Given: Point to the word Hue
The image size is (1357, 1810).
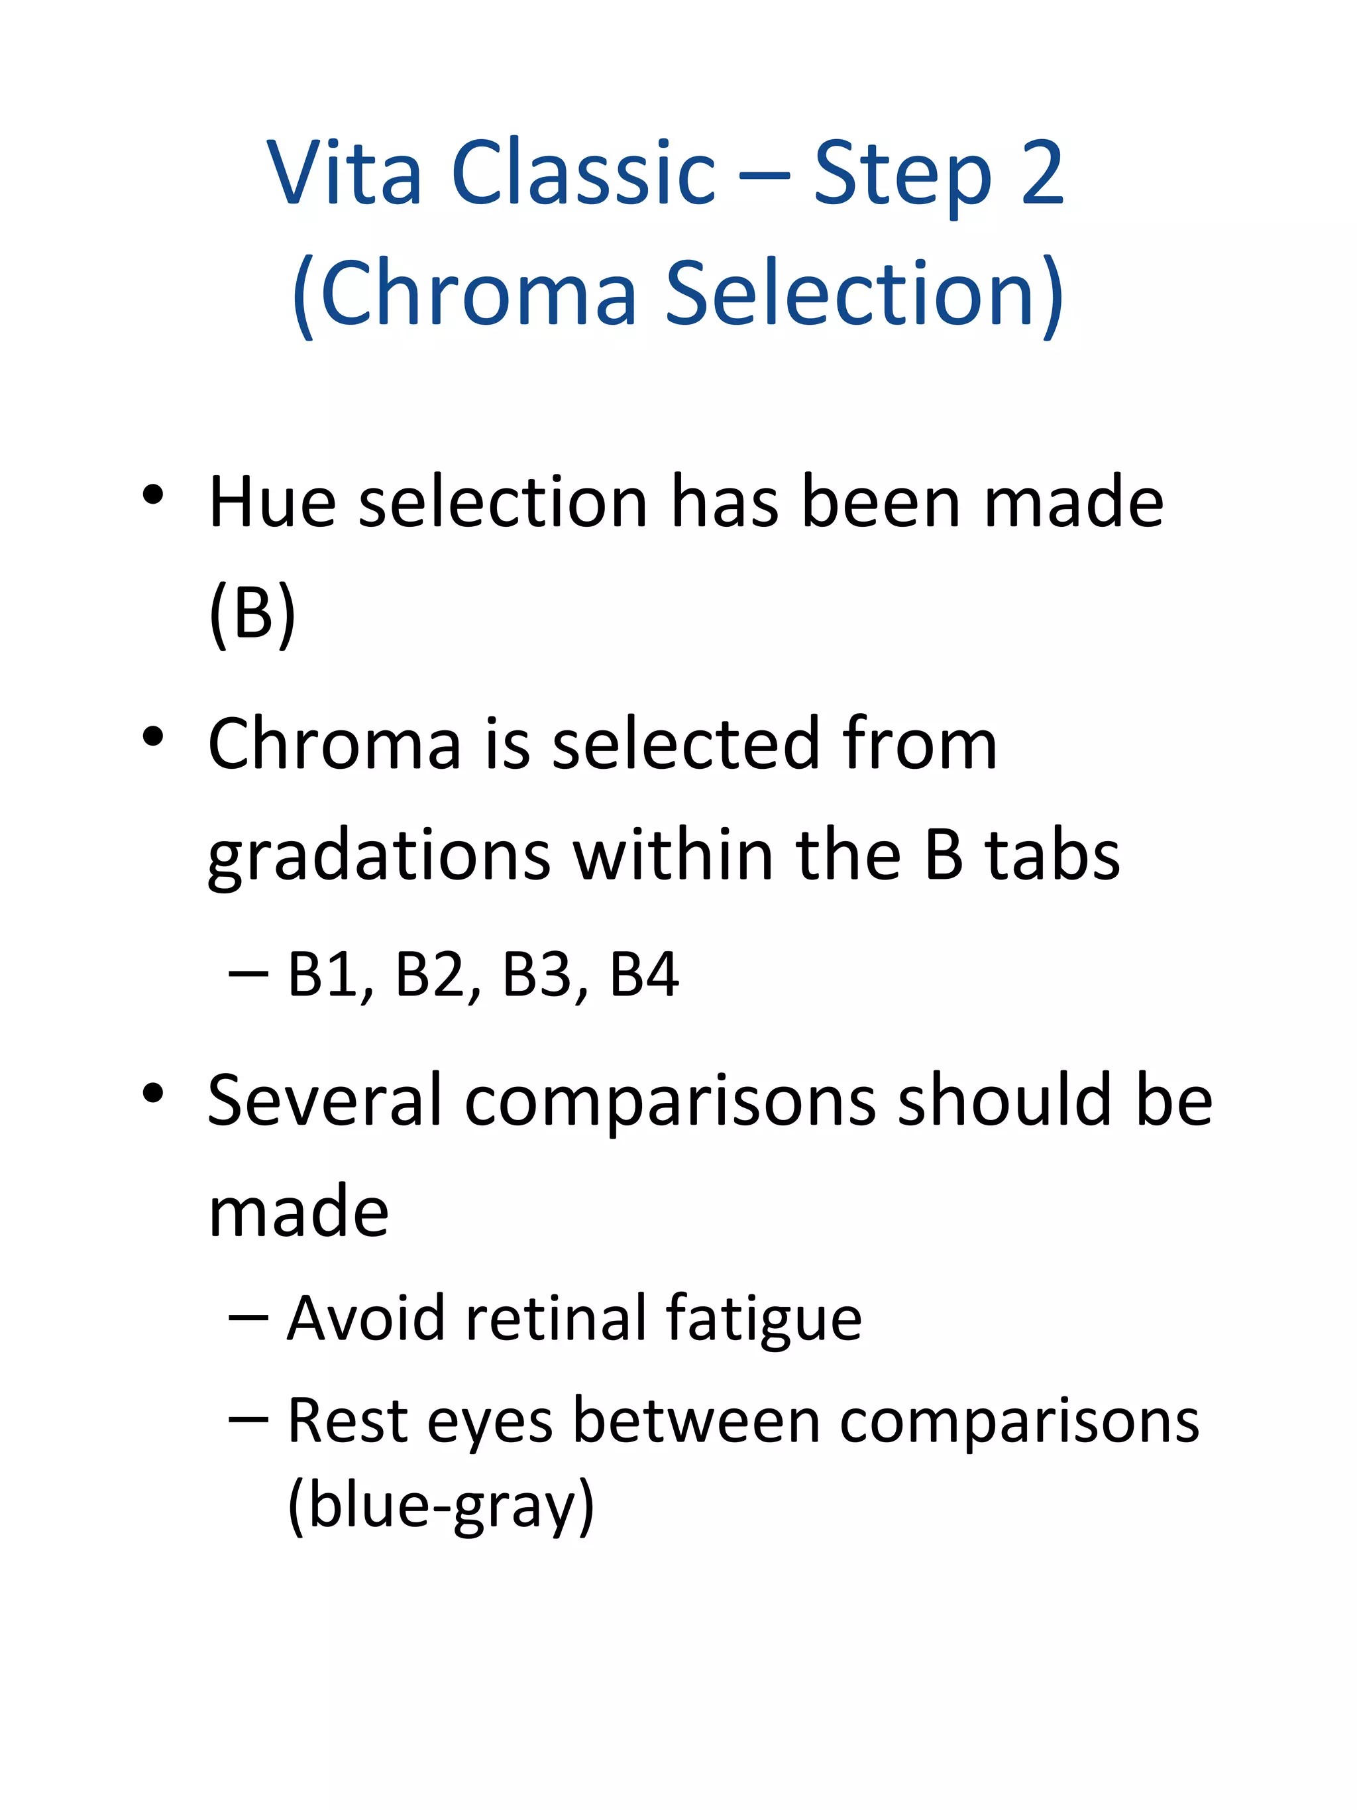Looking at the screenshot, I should tap(272, 502).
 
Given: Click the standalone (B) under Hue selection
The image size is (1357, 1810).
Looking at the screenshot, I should tap(252, 613).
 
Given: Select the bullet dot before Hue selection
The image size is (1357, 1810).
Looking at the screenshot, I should tap(153, 495).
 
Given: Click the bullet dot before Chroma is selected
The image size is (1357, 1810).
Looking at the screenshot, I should tap(153, 736).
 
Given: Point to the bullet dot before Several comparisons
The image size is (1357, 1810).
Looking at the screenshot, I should tap(153, 1093).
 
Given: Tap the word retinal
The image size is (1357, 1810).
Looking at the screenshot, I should tap(555, 1318).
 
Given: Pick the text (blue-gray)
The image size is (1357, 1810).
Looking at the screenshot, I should tap(441, 1506).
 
